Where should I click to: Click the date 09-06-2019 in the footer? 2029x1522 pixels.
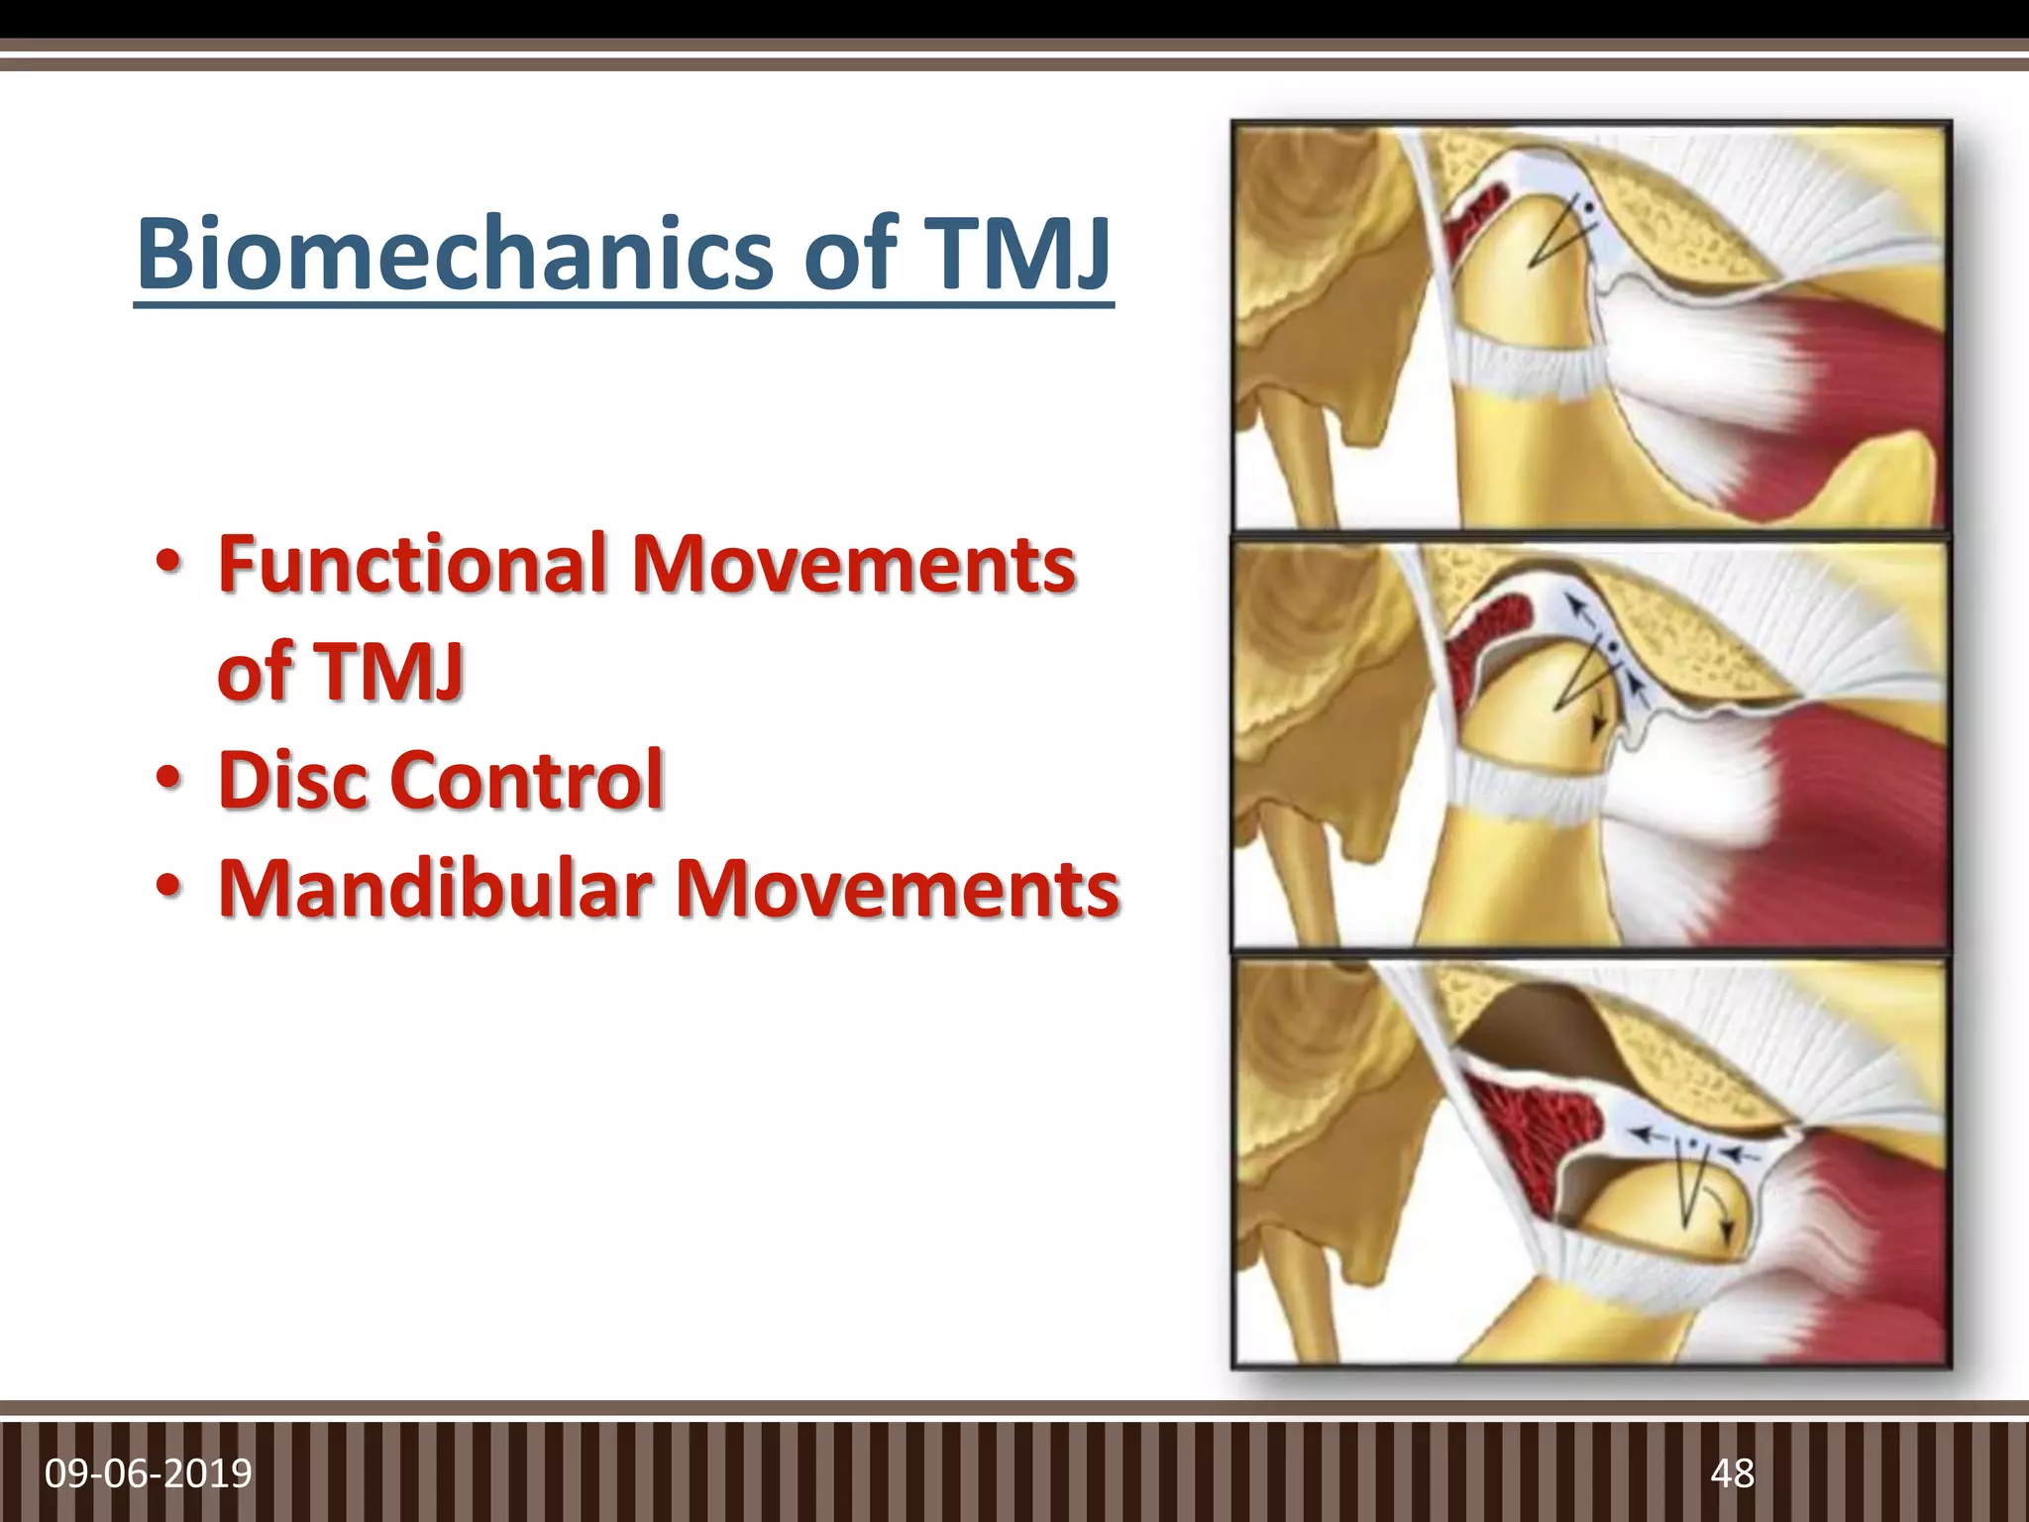click(x=149, y=1473)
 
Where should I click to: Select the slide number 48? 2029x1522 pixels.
click(x=1732, y=1473)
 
